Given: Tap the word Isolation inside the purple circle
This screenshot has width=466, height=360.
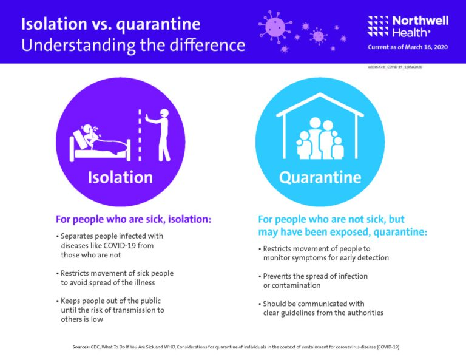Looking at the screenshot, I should click(120, 177).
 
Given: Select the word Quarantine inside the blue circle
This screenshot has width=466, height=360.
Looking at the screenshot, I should click(320, 177).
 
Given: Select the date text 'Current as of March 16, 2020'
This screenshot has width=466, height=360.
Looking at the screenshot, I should click(408, 47).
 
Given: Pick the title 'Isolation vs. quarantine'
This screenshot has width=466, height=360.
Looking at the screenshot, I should click(110, 24).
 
